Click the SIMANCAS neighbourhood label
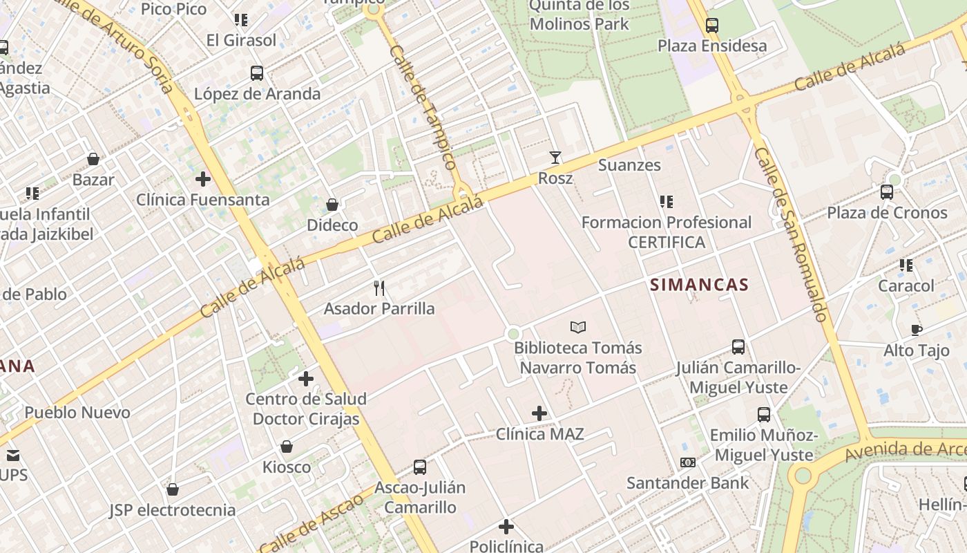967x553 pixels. [699, 285]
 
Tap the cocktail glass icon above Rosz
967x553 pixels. [555, 158]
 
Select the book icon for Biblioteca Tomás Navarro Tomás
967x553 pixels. [578, 327]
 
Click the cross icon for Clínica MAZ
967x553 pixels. [539, 414]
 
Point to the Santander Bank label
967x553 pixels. [687, 482]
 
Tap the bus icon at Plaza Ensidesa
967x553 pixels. [712, 26]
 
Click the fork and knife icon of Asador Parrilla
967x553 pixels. [379, 288]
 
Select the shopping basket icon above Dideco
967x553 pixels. [332, 205]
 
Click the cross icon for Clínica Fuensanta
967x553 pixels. [202, 180]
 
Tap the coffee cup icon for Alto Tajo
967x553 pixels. [917, 330]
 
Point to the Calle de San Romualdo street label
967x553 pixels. [790, 235]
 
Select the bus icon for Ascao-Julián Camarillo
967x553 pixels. [419, 467]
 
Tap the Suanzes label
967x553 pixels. [629, 165]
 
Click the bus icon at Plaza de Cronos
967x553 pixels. [887, 192]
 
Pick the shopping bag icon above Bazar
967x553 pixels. [93, 160]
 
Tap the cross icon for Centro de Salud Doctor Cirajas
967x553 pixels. [306, 379]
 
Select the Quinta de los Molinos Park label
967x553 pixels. [579, 15]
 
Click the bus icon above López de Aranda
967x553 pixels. [257, 73]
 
